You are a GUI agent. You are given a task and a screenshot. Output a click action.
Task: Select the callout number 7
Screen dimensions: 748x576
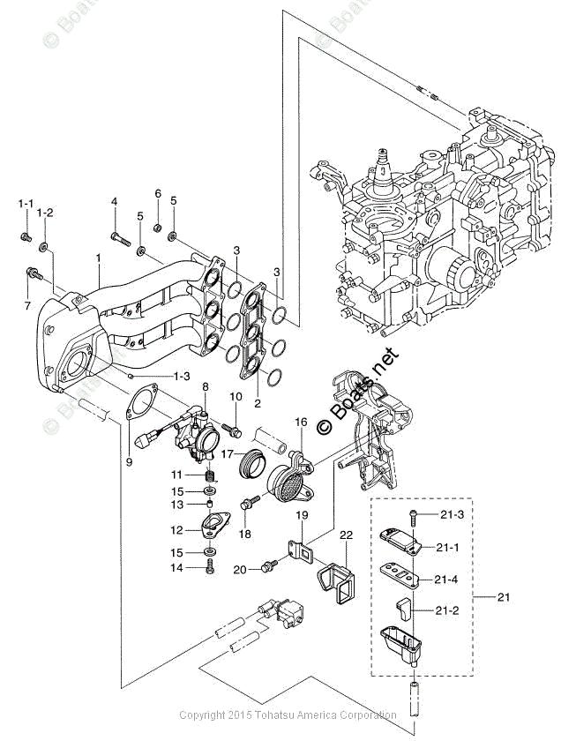(x=27, y=305)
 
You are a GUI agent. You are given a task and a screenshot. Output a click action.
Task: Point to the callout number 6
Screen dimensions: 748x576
(x=158, y=193)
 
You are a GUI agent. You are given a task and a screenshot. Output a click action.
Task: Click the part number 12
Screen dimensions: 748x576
(x=176, y=529)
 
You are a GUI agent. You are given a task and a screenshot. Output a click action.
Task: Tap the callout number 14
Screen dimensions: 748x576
(x=176, y=568)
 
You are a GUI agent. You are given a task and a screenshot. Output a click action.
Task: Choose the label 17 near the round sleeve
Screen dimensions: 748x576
(x=227, y=454)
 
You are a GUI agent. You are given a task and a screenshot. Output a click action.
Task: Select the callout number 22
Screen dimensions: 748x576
(x=346, y=535)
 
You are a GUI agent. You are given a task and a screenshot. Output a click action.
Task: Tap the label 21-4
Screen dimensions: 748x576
(x=448, y=580)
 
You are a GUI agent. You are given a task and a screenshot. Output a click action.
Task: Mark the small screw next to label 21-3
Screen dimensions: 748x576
(x=412, y=512)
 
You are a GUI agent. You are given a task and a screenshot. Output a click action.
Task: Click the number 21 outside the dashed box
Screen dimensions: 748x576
(x=504, y=598)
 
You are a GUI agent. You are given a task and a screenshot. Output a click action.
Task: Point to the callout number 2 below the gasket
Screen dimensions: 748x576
(x=257, y=403)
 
